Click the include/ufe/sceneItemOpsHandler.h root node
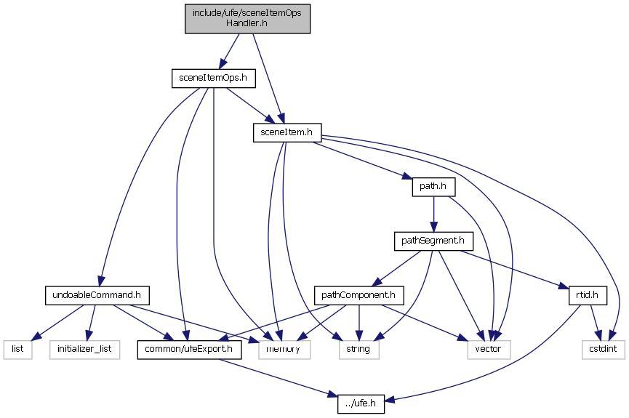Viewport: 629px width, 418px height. [x=247, y=17]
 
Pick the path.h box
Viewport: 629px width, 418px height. [x=433, y=187]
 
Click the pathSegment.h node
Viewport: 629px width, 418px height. [x=433, y=241]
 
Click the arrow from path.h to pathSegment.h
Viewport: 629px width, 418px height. [x=433, y=214]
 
